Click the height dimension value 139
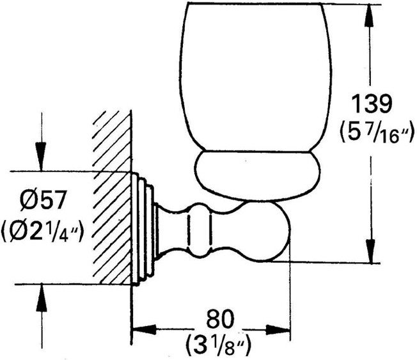point(372,104)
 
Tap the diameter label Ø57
point(43,201)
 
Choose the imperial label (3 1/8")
point(219,344)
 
